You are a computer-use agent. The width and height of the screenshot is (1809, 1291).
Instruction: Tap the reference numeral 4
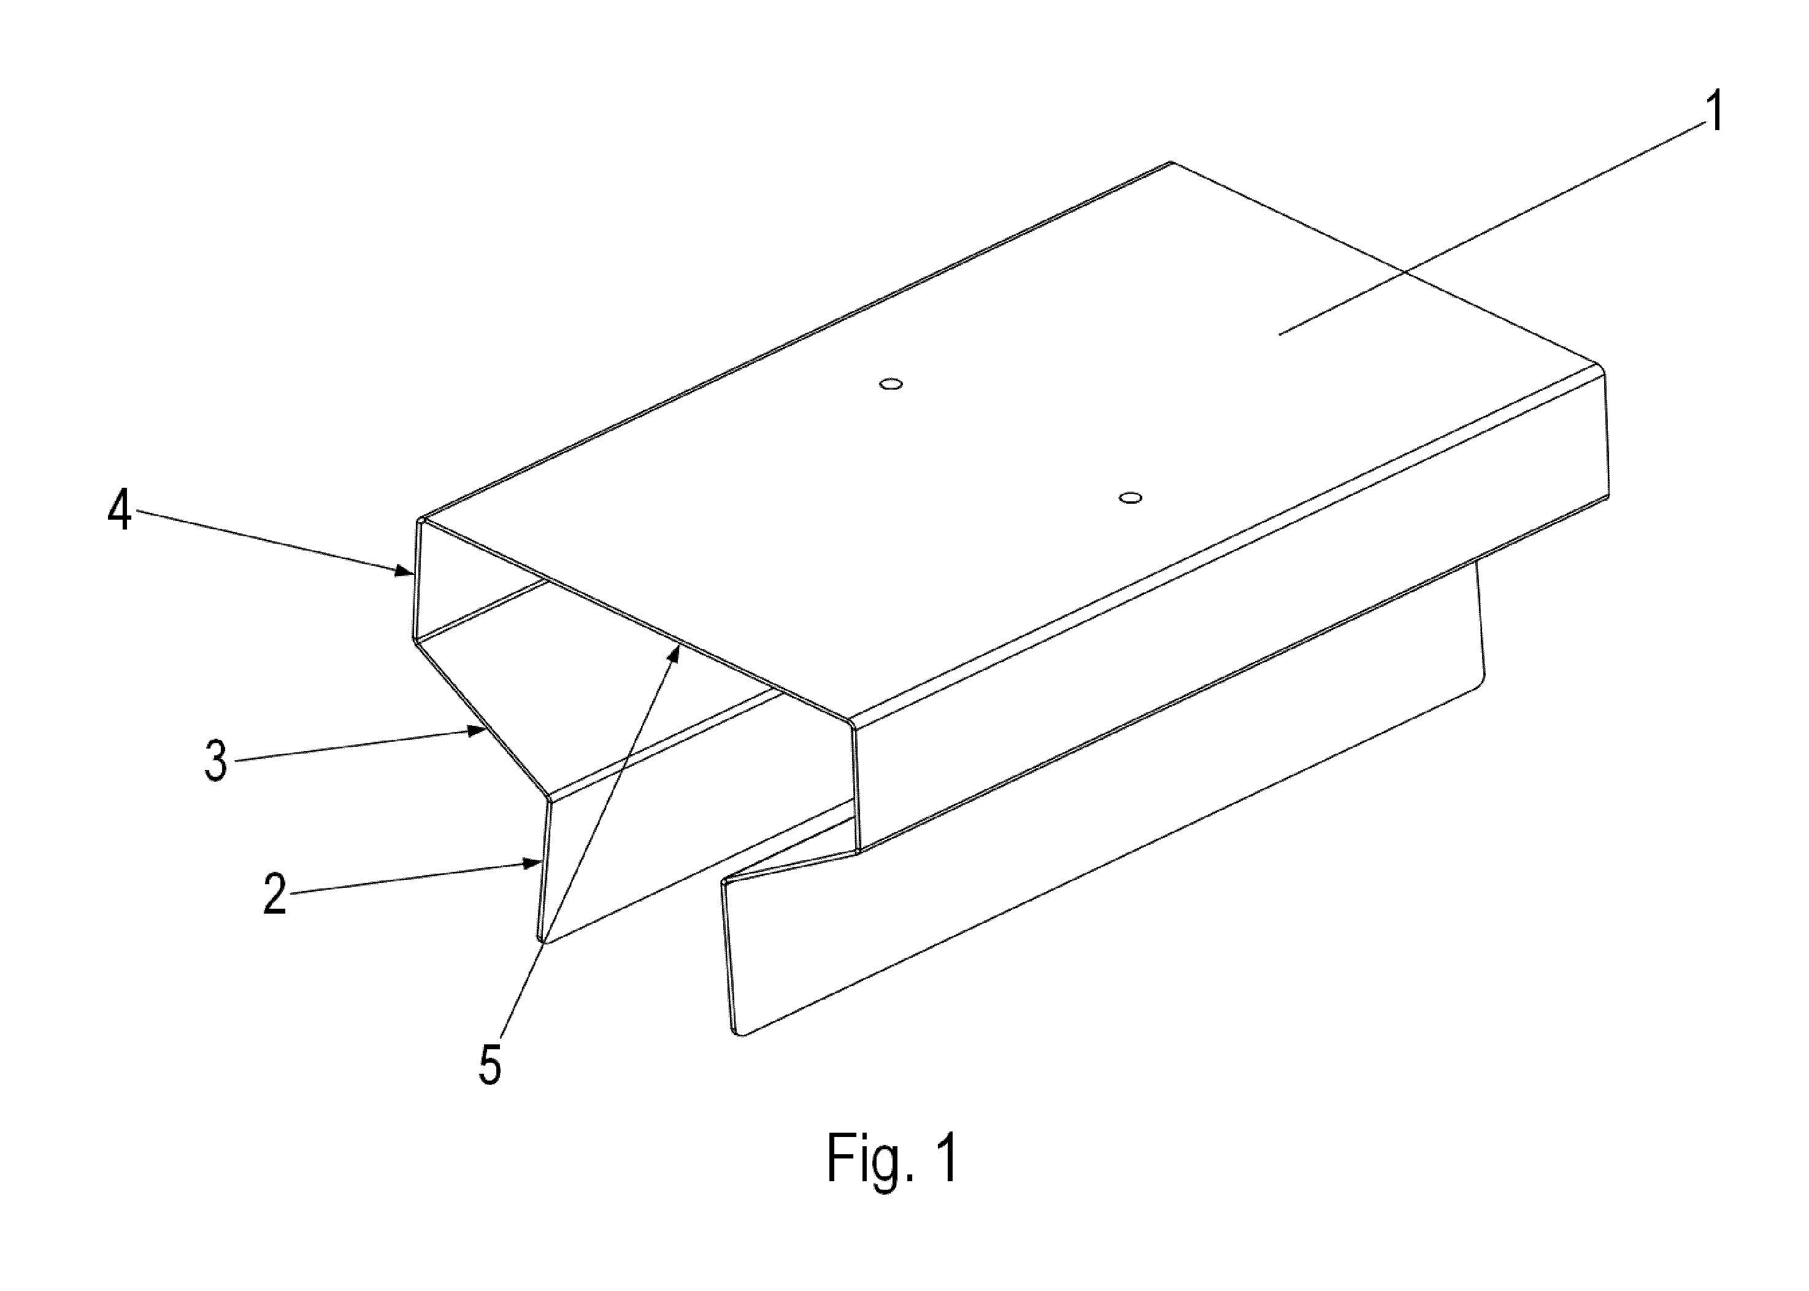pos(120,509)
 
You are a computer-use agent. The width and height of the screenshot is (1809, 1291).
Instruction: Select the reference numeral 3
pos(215,759)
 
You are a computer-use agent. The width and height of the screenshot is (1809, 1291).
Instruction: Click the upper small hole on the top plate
pos(891,384)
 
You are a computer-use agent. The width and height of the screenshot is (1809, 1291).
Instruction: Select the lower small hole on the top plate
pos(1130,498)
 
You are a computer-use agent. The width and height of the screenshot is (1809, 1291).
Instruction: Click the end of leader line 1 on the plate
pos(1279,333)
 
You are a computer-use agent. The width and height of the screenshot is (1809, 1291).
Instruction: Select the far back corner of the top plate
pos(1172,163)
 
